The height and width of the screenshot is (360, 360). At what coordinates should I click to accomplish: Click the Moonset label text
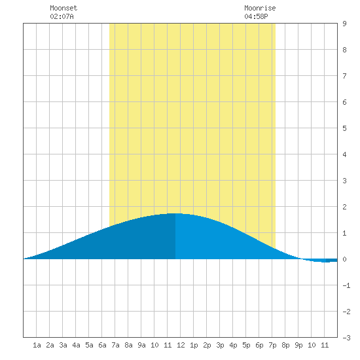pyautogui.click(x=63, y=8)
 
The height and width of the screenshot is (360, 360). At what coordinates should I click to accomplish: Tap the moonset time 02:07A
pyautogui.click(x=62, y=16)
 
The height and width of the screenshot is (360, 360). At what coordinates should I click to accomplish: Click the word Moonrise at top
pyautogui.click(x=260, y=8)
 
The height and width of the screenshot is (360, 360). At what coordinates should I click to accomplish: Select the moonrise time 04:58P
pyautogui.click(x=256, y=16)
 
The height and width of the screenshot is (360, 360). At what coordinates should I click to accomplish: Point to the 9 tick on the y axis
pyautogui.click(x=344, y=24)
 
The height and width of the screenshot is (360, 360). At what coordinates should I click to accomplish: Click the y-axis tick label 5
pyautogui.click(x=344, y=128)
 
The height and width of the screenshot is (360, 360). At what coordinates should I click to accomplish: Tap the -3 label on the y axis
pyautogui.click(x=346, y=338)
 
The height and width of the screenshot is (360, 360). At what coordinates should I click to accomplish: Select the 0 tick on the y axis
pyautogui.click(x=344, y=259)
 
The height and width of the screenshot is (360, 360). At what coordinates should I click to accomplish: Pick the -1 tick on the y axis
pyautogui.click(x=346, y=285)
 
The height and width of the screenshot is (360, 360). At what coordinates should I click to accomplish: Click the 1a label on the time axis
pyautogui.click(x=37, y=345)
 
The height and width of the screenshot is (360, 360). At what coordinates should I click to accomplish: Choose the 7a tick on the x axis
pyautogui.click(x=115, y=345)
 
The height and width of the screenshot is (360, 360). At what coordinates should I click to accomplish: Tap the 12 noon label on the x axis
pyautogui.click(x=181, y=345)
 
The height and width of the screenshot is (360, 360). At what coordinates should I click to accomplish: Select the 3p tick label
pyautogui.click(x=220, y=345)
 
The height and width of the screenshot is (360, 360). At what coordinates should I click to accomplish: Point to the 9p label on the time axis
pyautogui.click(x=298, y=345)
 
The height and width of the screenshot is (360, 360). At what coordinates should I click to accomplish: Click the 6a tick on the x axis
pyautogui.click(x=102, y=345)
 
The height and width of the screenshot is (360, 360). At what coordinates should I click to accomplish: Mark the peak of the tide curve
pyautogui.click(x=175, y=213)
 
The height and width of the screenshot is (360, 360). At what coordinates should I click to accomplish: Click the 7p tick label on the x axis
pyautogui.click(x=272, y=345)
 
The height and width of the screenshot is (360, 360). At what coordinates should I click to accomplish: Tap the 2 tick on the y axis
pyautogui.click(x=344, y=207)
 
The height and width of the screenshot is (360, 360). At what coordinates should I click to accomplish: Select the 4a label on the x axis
pyautogui.click(x=76, y=345)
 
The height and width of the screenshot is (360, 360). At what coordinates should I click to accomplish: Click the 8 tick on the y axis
pyautogui.click(x=344, y=50)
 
